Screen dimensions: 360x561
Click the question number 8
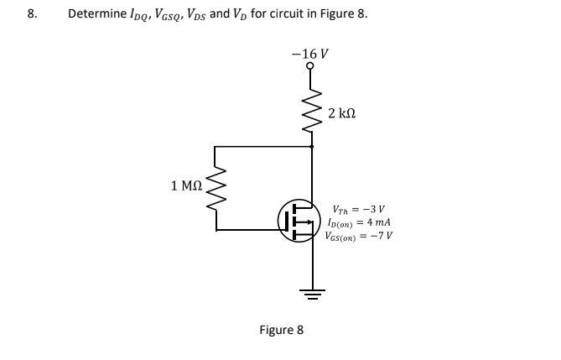click(x=32, y=14)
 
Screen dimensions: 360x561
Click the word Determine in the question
click(x=96, y=14)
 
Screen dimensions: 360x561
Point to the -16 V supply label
click(x=310, y=52)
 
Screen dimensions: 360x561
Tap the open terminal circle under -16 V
click(x=311, y=66)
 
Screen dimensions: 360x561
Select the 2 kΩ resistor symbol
click(x=312, y=111)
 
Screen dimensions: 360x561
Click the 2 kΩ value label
click(x=345, y=112)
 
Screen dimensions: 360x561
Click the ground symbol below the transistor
click(x=312, y=295)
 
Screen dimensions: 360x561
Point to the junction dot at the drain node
click(x=312, y=147)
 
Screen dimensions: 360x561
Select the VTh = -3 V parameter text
click(x=358, y=210)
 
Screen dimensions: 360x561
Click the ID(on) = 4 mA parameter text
click(x=358, y=222)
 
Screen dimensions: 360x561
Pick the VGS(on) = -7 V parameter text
click(x=359, y=235)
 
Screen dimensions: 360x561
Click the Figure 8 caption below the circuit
click(x=280, y=330)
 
